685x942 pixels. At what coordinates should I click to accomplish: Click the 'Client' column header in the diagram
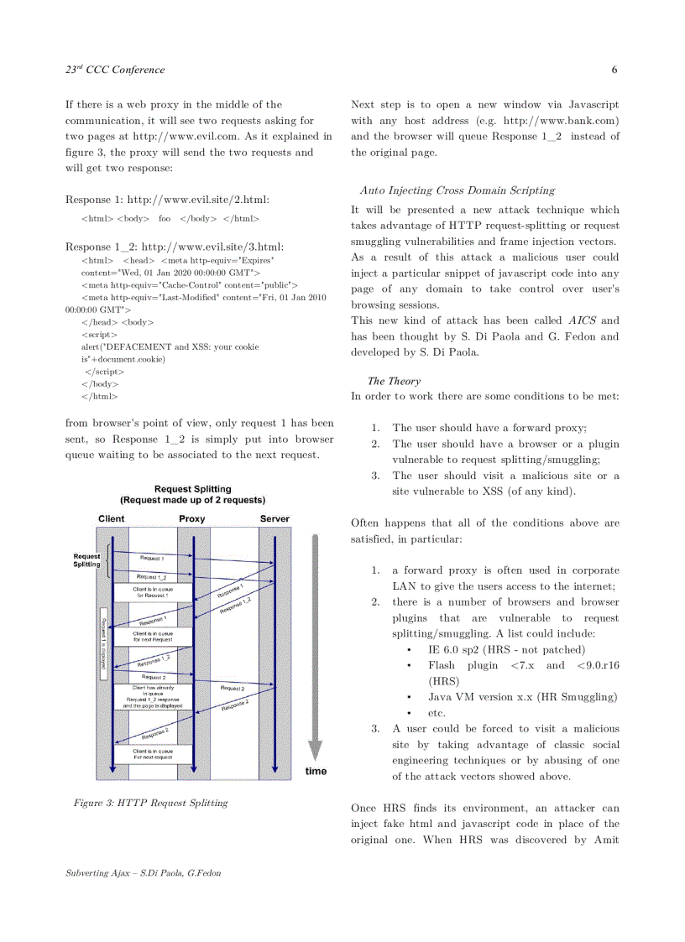coord(111,518)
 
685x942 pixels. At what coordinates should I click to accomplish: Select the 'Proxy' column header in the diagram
coord(192,518)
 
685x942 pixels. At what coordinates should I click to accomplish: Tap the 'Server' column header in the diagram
coord(275,518)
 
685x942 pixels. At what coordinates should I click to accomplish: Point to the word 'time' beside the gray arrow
coord(316,771)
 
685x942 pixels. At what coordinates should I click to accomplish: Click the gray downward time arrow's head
coord(316,752)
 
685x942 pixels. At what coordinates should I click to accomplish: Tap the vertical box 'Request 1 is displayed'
coord(103,643)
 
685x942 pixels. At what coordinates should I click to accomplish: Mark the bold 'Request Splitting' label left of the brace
coord(86,559)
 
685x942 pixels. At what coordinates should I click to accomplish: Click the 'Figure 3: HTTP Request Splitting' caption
coord(150,803)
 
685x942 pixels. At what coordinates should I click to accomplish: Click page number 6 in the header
coord(614,70)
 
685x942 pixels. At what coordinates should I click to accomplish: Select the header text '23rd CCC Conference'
coord(115,70)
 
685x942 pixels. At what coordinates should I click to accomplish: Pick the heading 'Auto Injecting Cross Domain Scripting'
coord(458,190)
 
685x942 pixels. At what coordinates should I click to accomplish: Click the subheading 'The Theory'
coord(394,381)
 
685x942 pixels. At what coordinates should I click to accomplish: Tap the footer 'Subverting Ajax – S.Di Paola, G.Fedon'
coord(144,873)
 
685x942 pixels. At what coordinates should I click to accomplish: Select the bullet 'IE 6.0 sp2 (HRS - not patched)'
coord(506,649)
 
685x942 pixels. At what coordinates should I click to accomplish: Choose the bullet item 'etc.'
coord(437,713)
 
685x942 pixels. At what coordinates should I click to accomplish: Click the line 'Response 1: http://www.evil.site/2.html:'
coord(167,200)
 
